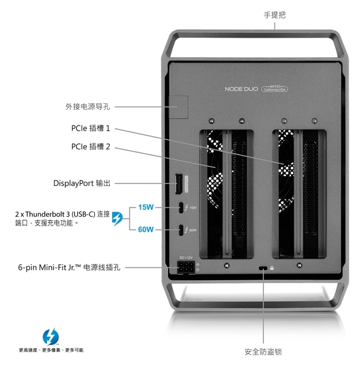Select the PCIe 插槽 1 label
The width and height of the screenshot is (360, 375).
[x=91, y=128]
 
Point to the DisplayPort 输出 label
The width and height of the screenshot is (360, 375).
[x=82, y=183]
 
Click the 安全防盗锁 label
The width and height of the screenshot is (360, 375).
[x=263, y=352]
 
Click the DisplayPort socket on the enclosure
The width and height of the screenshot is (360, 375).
[x=178, y=184]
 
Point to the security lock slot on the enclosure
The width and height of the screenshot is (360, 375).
[x=263, y=268]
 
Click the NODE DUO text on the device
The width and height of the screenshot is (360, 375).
[x=241, y=89]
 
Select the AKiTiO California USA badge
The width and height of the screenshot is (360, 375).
[x=275, y=88]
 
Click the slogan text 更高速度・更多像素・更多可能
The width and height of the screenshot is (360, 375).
[x=51, y=350]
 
